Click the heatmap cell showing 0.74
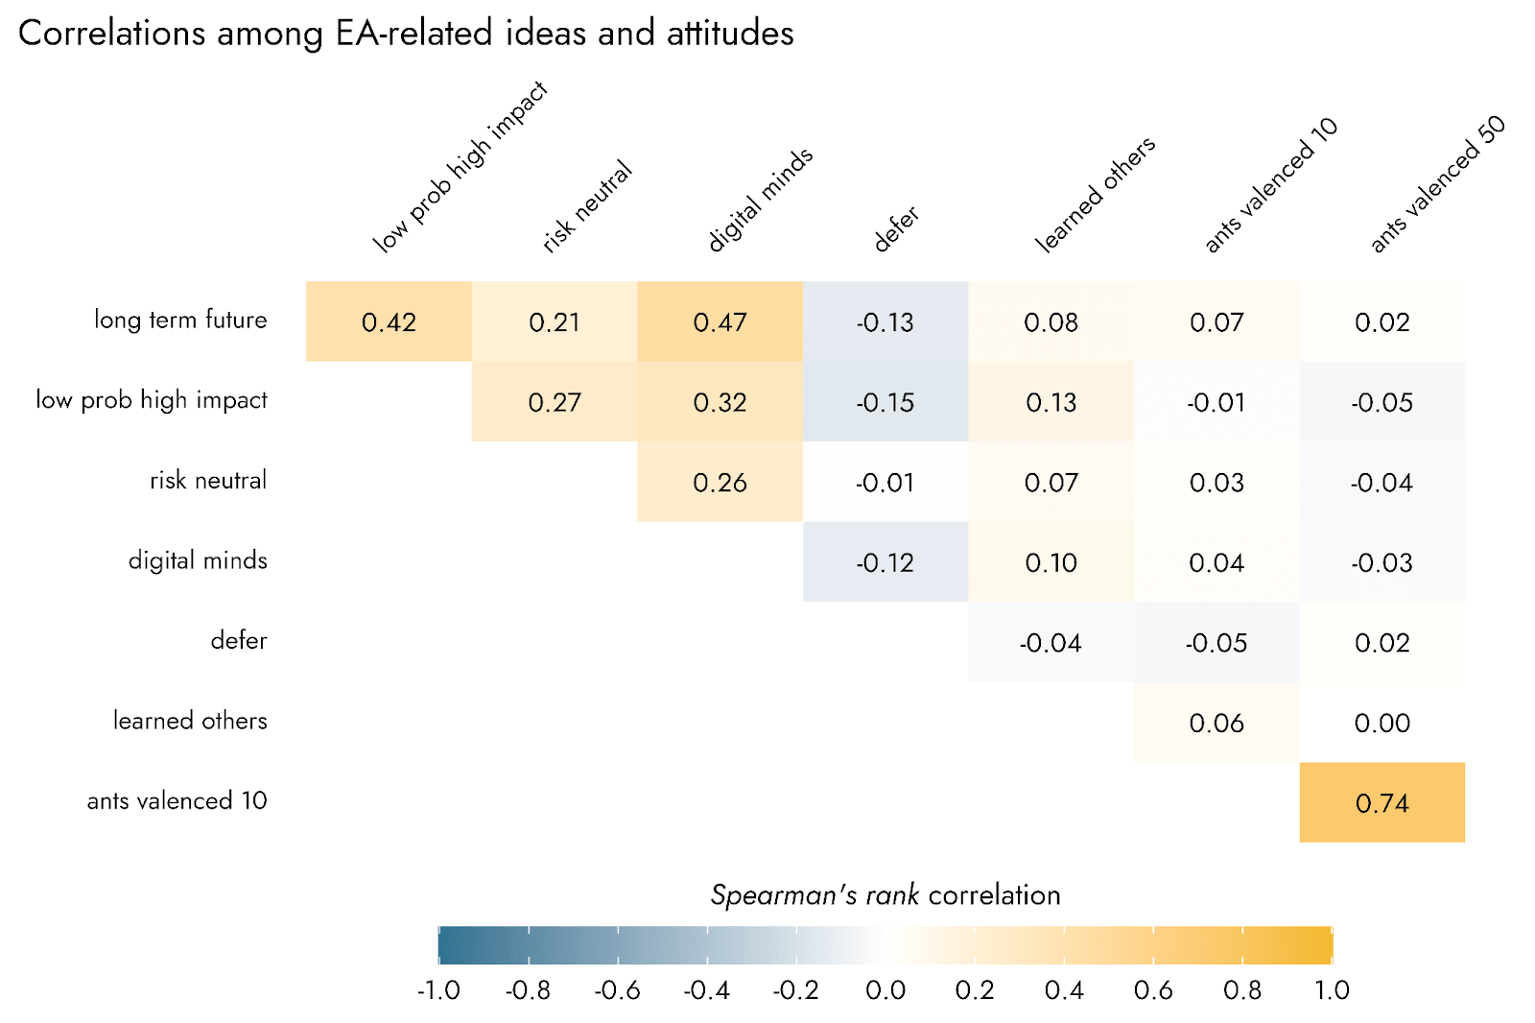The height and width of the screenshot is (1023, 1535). (1381, 802)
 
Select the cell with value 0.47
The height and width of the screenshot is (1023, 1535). (720, 321)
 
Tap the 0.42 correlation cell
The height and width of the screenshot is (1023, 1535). (389, 321)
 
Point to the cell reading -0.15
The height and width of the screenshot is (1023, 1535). (885, 402)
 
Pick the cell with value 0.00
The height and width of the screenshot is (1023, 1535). (1381, 723)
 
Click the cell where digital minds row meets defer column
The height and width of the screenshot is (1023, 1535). (885, 562)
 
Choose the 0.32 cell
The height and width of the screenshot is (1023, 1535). (720, 402)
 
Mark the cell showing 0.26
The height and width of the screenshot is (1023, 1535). (720, 482)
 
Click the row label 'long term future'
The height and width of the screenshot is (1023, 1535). (180, 320)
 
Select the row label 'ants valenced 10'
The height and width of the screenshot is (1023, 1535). (177, 800)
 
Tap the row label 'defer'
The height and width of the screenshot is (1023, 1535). (239, 640)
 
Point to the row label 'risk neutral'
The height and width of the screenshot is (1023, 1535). (208, 480)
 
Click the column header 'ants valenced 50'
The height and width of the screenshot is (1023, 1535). (1436, 184)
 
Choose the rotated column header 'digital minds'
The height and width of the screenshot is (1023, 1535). (760, 200)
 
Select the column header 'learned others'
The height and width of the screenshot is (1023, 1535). (1095, 195)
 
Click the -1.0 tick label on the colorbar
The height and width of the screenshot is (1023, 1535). (438, 990)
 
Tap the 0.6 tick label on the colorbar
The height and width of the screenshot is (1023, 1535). (1153, 990)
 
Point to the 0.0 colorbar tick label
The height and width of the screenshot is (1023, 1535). (886, 990)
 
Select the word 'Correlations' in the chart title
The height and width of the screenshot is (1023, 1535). (111, 34)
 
